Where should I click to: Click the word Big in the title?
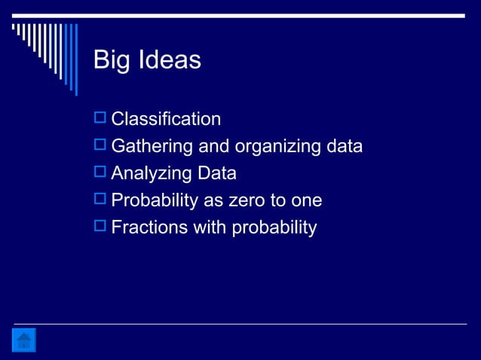[x=110, y=60]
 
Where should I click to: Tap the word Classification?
[x=166, y=119]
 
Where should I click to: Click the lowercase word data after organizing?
[x=343, y=145]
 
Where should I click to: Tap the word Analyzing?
[x=152, y=173]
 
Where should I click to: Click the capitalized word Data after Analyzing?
[x=216, y=173]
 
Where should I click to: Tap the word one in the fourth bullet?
[x=307, y=200]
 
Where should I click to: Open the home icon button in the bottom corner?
[x=24, y=340]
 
